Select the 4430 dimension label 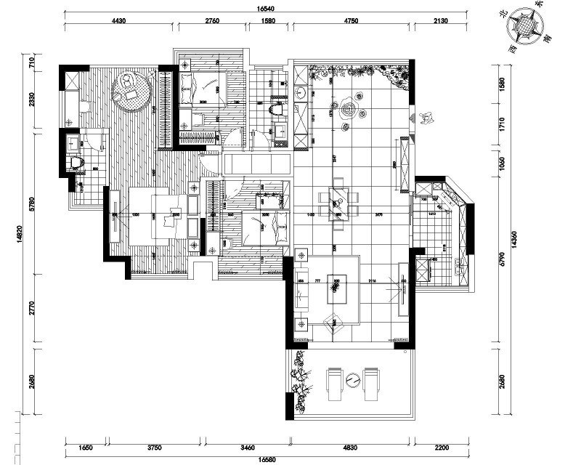point(120,21)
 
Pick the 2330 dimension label point(31,99)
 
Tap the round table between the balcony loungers point(352,379)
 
